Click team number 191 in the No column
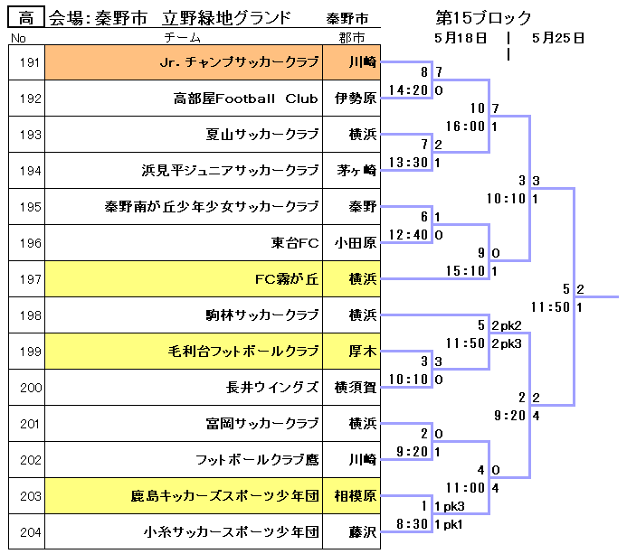30,62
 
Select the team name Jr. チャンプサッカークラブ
239,62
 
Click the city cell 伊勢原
355,99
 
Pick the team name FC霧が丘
287,279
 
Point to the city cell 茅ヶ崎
355,171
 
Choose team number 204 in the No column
30,532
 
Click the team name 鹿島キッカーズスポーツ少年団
224,496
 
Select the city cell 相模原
355,496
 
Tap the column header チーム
183,38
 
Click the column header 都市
352,38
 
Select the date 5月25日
558,38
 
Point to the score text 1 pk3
450,506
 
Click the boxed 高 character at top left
26,17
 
